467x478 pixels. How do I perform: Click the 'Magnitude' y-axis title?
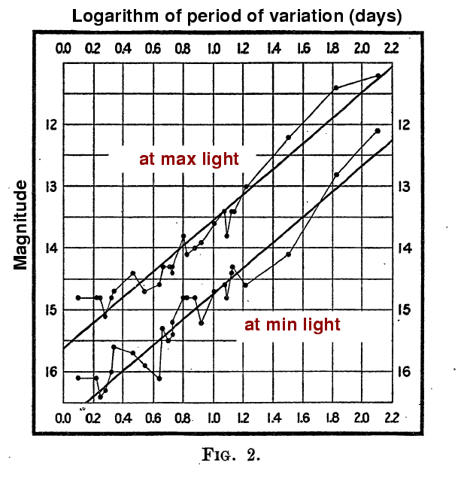point(20,225)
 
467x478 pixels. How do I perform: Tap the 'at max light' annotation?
point(189,159)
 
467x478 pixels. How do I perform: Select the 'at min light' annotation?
point(293,325)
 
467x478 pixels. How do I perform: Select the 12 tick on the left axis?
point(49,124)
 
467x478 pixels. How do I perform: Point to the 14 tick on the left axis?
point(49,248)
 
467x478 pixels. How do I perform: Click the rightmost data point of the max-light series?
point(378,75)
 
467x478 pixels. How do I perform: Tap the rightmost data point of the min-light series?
point(378,131)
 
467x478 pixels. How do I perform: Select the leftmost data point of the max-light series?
point(78,297)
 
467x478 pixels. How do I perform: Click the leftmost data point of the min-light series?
point(78,378)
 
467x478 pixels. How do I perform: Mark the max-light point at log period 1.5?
point(288,137)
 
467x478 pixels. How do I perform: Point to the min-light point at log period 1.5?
point(288,254)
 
